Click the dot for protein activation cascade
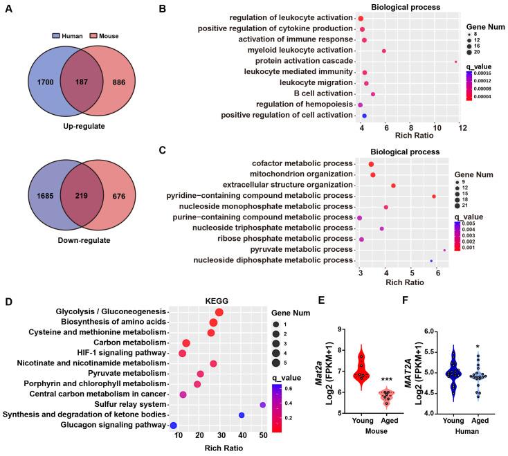tap(456, 62)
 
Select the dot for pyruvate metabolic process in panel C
tap(444, 250)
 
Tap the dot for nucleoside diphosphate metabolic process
tap(431, 261)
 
